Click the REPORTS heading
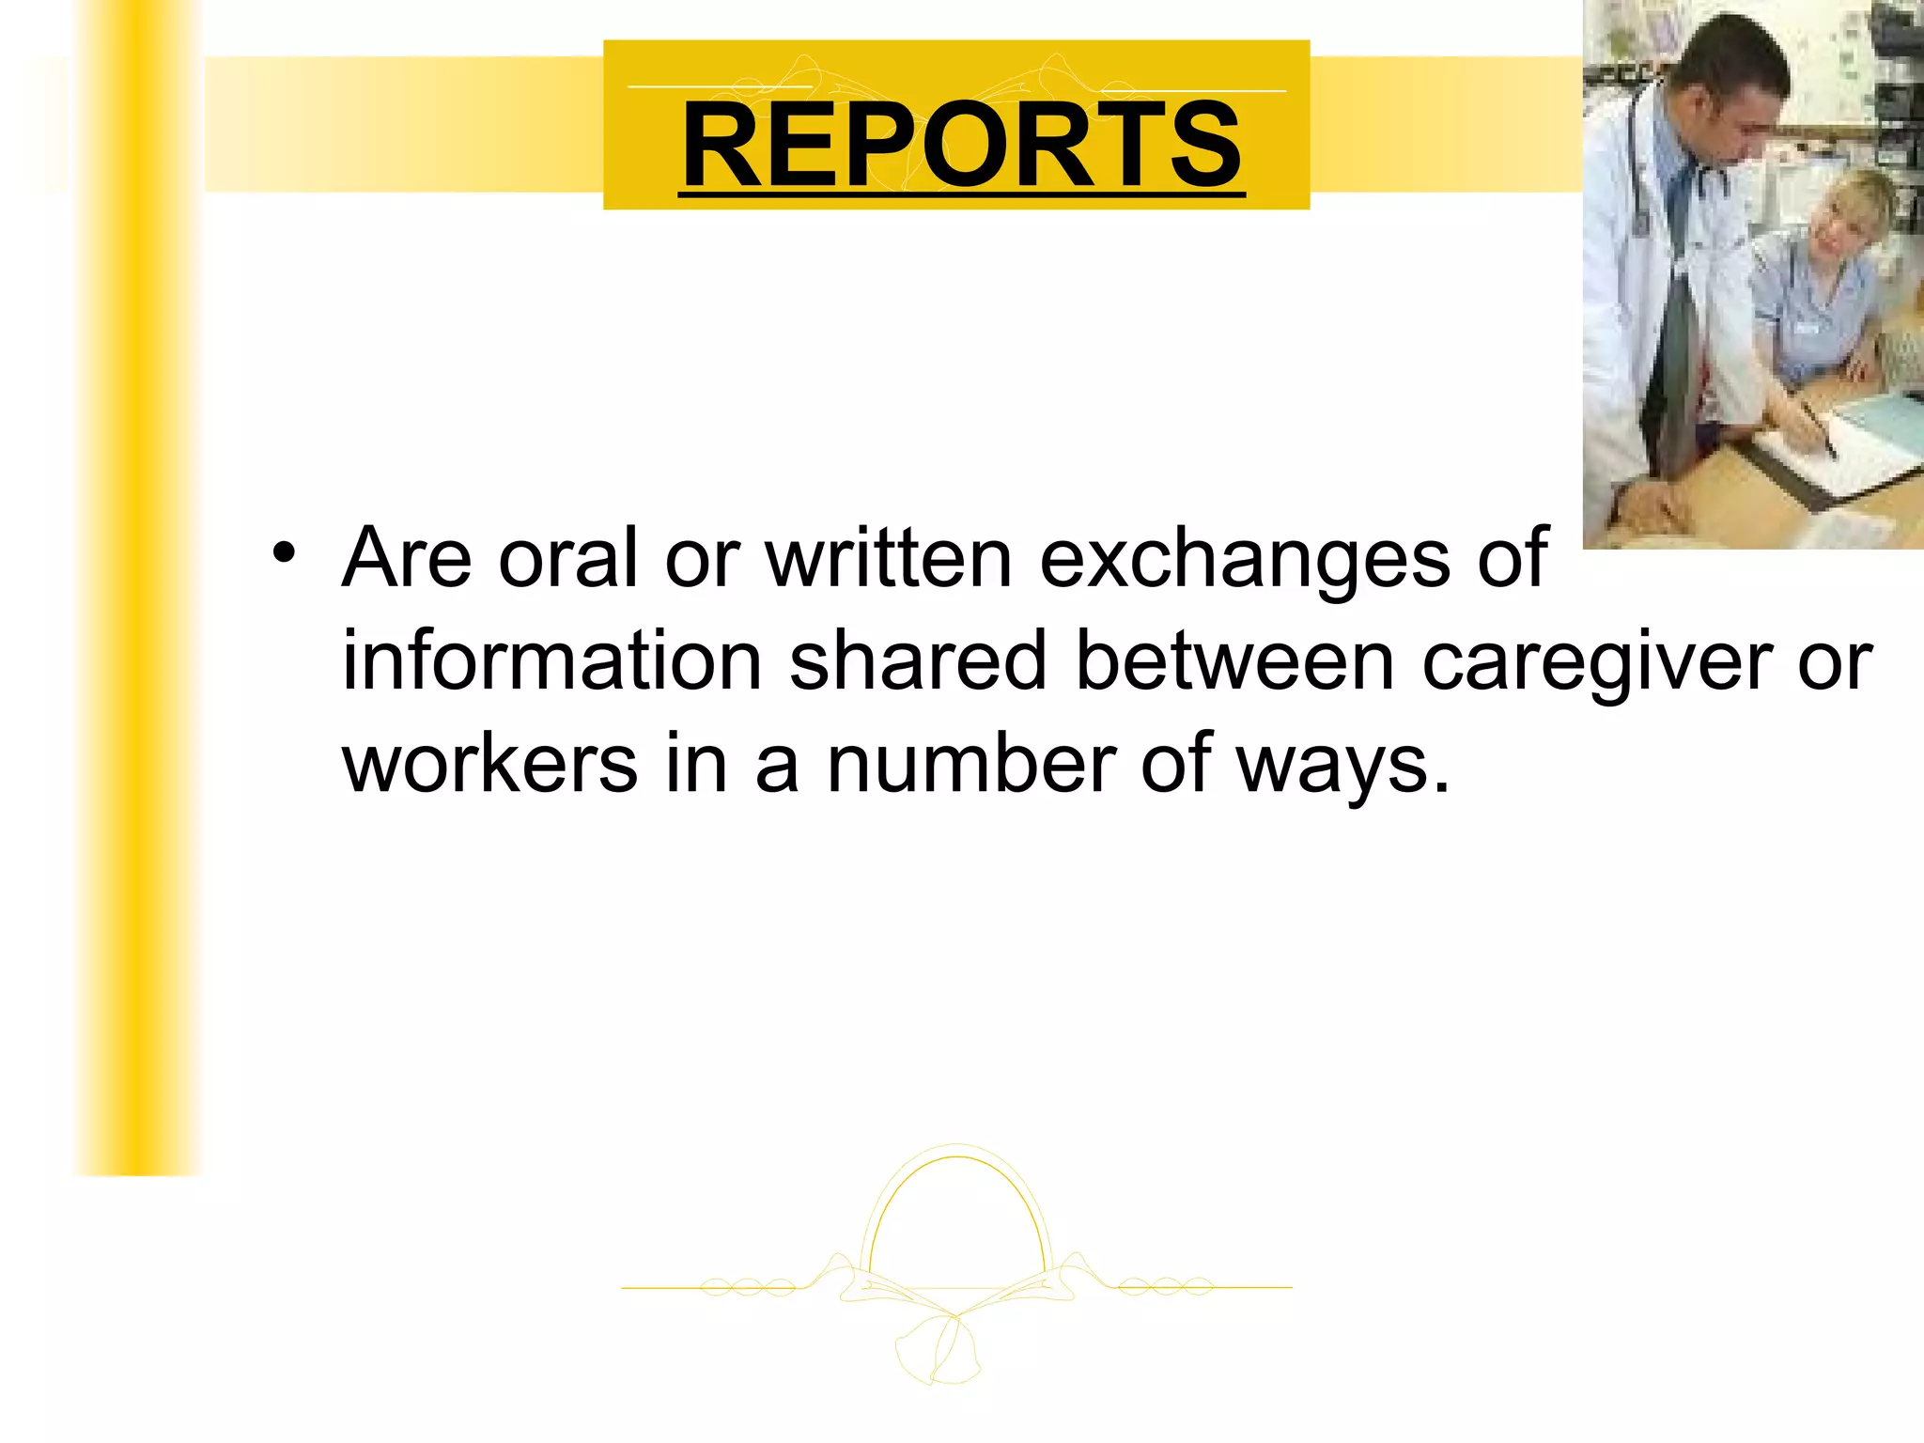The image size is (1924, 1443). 961,146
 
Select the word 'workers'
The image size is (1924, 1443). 490,763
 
